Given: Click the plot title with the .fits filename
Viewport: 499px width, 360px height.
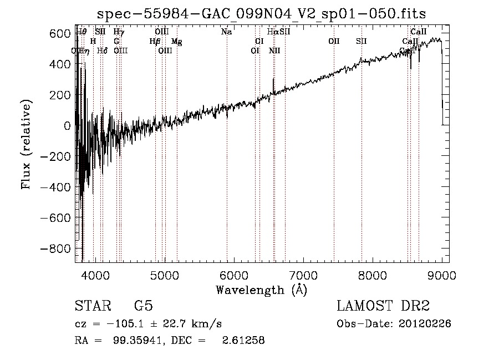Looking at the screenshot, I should pos(262,14).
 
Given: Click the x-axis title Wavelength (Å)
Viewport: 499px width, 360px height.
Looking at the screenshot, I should pos(261,290).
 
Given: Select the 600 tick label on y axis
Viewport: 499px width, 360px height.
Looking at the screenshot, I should pos(61,34).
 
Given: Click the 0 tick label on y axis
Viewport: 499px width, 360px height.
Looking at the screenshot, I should pos(67,126).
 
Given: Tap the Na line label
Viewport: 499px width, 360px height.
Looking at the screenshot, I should pos(226,32).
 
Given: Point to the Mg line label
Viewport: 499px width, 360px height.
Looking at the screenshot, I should pos(176,42).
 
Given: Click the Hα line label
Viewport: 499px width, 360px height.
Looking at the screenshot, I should pos(272,32).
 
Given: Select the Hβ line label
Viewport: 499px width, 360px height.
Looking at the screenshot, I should pos(155,42).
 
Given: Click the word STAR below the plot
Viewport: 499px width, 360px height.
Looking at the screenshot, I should pos(92,306).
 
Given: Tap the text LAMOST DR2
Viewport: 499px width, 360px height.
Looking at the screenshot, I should pos(383,306).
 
